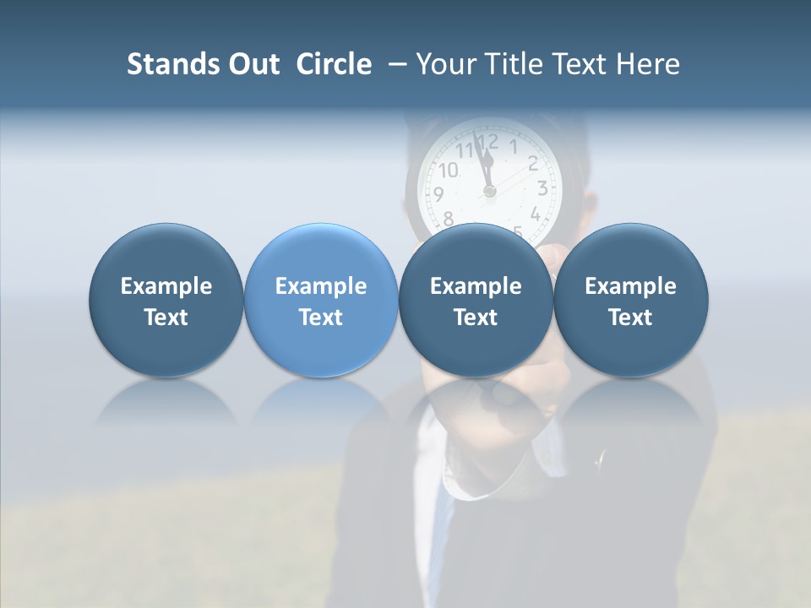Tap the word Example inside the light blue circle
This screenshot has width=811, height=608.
pyautogui.click(x=321, y=286)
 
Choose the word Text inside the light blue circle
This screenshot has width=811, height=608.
pyautogui.click(x=321, y=318)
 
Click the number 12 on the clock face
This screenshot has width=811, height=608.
pyautogui.click(x=487, y=142)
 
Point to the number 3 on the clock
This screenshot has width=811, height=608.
pyautogui.click(x=542, y=188)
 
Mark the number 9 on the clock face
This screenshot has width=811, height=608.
pyautogui.click(x=438, y=194)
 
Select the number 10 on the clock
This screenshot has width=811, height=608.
pyautogui.click(x=448, y=170)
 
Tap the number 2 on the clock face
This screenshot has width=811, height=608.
pyautogui.click(x=533, y=163)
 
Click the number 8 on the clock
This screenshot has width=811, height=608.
pyautogui.click(x=448, y=217)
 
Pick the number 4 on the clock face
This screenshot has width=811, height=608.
pyautogui.click(x=535, y=214)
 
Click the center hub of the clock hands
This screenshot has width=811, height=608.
pyautogui.click(x=490, y=192)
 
